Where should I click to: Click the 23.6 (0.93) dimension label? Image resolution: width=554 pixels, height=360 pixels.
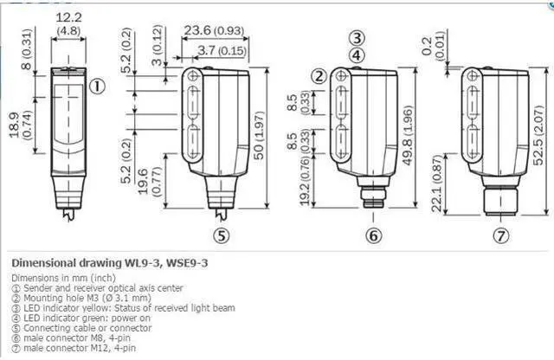(x=214, y=30)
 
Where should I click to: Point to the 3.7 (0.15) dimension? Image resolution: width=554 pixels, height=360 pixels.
(x=222, y=50)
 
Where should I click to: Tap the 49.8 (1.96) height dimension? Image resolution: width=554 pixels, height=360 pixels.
(x=408, y=135)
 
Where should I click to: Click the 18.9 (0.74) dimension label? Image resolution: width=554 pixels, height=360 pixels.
(x=20, y=125)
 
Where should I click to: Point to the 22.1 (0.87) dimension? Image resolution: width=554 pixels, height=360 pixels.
(x=437, y=183)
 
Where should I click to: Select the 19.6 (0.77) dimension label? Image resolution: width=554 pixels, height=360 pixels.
(x=149, y=181)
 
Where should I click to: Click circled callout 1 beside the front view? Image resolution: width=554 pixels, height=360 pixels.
(x=97, y=87)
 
